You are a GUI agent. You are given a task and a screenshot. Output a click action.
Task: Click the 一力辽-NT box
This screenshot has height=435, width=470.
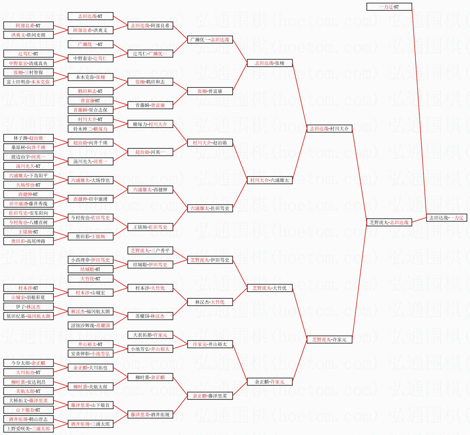pos(389,7)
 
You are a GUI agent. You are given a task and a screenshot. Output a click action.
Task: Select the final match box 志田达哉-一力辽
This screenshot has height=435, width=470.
pos(446,218)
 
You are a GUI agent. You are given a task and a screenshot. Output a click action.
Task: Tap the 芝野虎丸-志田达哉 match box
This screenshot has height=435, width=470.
pos(389,222)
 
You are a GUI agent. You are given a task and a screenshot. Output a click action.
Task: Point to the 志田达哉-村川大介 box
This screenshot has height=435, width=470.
pos(329,129)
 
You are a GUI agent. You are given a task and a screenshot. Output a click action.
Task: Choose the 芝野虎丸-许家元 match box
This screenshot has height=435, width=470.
pos(329,340)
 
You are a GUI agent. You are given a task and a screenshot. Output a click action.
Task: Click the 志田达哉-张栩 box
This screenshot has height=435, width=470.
pos(269,63)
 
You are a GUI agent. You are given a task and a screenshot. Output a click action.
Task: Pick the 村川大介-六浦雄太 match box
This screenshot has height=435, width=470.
pos(269,180)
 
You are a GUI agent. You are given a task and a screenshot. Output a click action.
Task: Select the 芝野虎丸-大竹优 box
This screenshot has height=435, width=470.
pos(269,288)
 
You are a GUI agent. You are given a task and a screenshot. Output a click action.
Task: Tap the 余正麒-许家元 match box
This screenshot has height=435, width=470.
pos(269,382)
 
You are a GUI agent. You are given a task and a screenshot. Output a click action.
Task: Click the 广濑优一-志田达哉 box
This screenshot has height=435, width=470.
pos(210,40)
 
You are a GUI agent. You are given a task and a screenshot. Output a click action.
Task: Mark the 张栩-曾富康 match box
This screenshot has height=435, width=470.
pos(210,91)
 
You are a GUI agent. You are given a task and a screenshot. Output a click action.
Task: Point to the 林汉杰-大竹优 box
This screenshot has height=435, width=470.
pos(210,302)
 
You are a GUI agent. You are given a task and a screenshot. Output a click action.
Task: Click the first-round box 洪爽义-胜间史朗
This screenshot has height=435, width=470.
pos(28,35)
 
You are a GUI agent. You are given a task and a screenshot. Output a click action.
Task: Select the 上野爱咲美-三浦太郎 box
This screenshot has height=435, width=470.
pos(28,429)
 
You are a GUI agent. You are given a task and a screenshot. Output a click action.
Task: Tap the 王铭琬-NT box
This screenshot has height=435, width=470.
pos(28,232)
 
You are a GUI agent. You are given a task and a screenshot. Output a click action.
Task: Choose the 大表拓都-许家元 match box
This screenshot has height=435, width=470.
pos(150,335)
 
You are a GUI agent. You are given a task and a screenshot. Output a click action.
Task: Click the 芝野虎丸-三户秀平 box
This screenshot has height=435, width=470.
pos(150,250)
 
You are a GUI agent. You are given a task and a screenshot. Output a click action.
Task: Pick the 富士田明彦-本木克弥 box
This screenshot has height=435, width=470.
pos(28,82)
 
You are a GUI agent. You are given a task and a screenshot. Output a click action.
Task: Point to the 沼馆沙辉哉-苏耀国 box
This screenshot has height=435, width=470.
pos(90,325)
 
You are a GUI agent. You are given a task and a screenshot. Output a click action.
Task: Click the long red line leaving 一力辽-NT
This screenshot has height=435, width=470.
pos(419,111)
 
